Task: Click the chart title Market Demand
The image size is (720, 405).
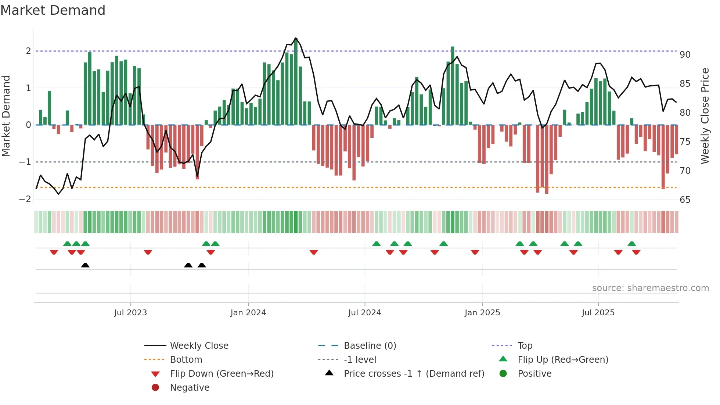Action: pos(53,10)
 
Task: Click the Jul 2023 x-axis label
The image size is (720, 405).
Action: pos(130,313)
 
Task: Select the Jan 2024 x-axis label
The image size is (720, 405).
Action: pos(248,313)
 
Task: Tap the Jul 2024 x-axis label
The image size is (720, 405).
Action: pos(364,313)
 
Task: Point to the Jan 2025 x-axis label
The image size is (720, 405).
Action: pos(482,313)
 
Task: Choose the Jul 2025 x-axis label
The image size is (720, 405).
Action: pos(598,313)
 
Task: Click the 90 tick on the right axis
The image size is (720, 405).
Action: pos(685,55)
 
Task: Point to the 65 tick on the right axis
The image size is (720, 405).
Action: pos(685,200)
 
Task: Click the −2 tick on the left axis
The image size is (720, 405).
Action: pos(25,199)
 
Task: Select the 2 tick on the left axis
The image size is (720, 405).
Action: pos(28,51)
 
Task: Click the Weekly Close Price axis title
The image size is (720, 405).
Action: pos(705,116)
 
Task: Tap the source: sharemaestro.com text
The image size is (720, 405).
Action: pos(650,288)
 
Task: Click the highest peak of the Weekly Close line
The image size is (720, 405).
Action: pos(296,38)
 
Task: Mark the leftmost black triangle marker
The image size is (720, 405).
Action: pos(85,265)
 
